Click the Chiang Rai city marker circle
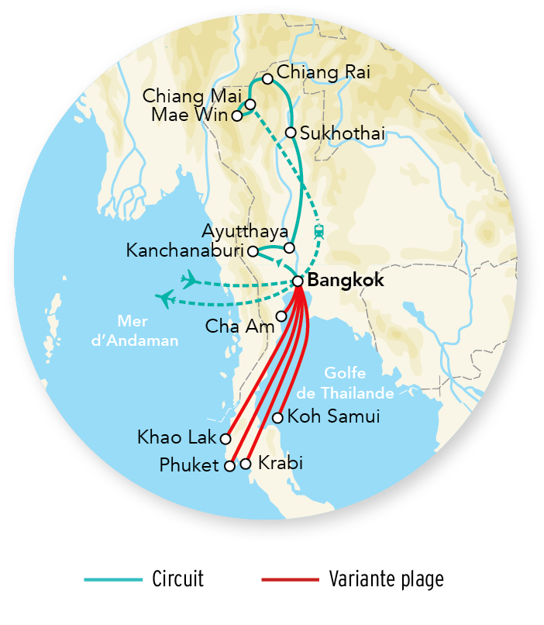267,79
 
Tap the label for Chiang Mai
192,97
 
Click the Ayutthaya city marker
289,248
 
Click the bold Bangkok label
346,281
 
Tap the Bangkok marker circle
298,281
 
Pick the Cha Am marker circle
281,316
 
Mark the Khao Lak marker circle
226,437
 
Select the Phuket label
190,466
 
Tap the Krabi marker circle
246,464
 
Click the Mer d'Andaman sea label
147,330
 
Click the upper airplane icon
188,278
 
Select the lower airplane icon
165,297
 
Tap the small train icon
318,231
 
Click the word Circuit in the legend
177,579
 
